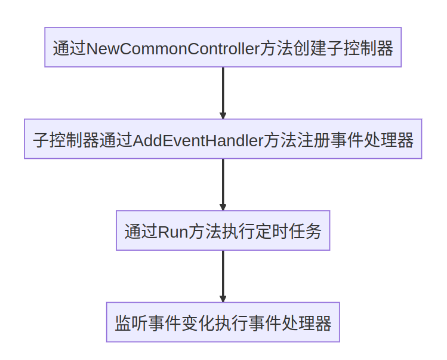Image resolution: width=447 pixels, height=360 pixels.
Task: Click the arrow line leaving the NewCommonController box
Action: click(223, 90)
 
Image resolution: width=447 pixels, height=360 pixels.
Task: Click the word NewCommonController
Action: click(173, 48)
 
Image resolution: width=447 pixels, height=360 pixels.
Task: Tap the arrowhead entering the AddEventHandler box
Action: click(223, 115)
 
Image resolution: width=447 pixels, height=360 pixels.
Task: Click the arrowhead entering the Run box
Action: click(223, 207)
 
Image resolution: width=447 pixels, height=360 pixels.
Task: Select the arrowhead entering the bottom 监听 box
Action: click(223, 299)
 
